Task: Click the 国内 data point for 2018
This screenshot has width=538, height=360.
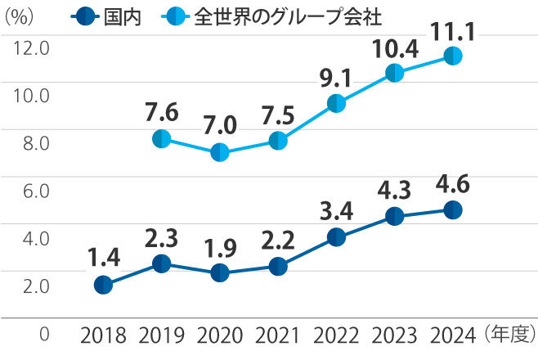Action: coord(103,285)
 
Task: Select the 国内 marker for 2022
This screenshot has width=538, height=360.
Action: coord(336,237)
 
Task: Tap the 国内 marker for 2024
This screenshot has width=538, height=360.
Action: coord(453,210)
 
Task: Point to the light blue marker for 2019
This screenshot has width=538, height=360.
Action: coord(161,138)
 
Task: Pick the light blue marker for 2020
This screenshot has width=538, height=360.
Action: coord(219,153)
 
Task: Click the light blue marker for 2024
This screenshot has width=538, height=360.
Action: coord(453,56)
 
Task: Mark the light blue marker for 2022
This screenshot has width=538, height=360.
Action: coord(336,103)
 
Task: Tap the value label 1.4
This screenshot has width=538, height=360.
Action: coord(104,259)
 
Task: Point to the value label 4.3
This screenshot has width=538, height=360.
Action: coord(394,191)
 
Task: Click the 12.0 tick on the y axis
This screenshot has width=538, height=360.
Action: coord(32,48)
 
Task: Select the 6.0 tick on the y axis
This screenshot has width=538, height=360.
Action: coord(32,191)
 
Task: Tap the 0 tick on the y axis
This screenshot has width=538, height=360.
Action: coord(44,334)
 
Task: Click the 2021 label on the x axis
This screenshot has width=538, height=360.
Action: coord(277,335)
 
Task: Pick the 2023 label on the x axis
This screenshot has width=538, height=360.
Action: coord(394,335)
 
